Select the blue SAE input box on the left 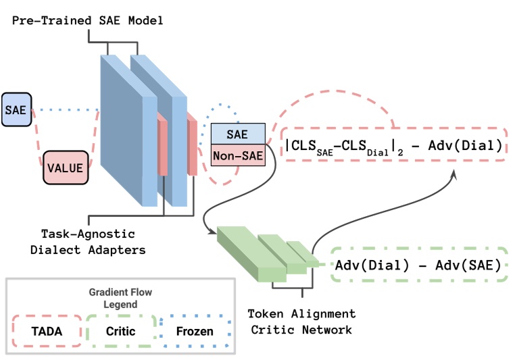tap(16, 109)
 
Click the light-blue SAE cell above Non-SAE tap(238, 134)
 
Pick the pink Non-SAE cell tap(238, 155)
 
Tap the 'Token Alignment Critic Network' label tap(301, 322)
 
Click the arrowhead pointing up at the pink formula tap(453, 174)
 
